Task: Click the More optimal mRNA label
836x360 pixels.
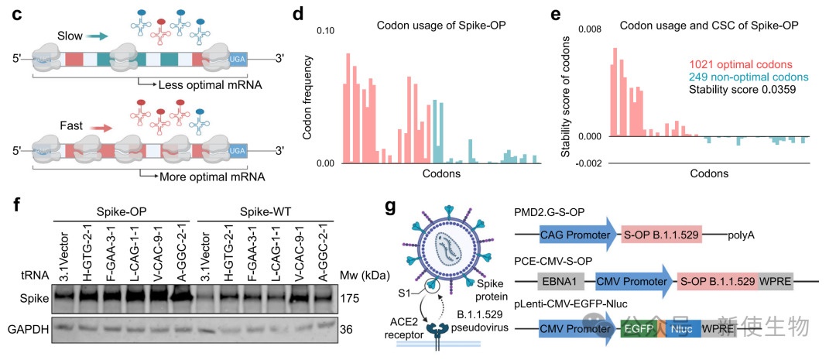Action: (199, 177)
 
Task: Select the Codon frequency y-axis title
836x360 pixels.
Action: (307, 98)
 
